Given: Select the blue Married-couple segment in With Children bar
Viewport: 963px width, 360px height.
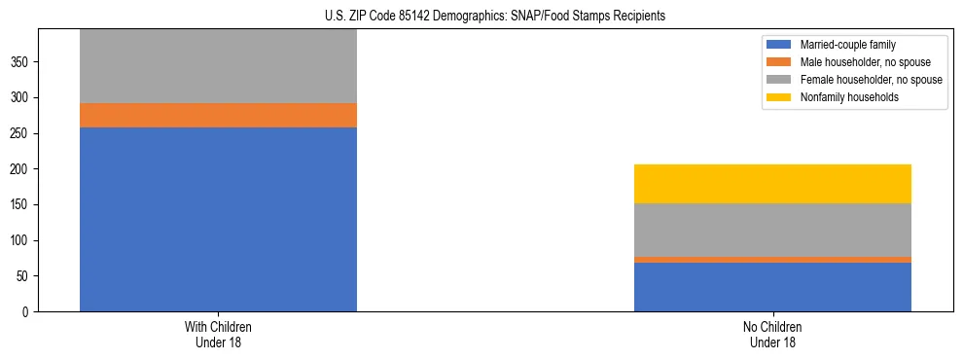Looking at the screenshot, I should (218, 219).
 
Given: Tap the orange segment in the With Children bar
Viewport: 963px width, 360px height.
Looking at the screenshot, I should (218, 115).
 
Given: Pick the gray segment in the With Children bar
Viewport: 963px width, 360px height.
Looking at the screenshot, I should (218, 66).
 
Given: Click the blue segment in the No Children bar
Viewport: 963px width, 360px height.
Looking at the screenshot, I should (772, 287).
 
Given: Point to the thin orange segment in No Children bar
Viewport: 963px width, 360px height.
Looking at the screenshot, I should (772, 260).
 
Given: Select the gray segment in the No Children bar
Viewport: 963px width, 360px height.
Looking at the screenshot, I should (772, 230).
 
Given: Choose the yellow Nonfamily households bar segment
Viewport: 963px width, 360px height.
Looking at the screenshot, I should (772, 184).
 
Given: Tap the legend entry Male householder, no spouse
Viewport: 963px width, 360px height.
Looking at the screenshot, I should (856, 62).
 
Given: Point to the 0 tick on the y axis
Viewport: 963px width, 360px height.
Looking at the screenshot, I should (27, 311).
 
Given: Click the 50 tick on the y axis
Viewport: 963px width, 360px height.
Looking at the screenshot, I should (24, 276).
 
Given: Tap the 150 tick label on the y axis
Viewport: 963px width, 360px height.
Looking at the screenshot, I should (21, 204).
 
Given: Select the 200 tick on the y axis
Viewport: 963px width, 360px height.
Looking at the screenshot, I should (21, 169).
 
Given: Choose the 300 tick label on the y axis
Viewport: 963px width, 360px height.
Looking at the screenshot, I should (21, 97).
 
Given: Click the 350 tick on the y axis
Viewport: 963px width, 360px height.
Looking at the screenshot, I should (21, 62).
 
